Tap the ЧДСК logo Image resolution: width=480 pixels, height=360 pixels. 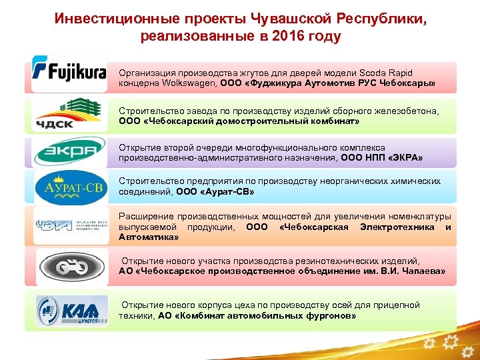69,115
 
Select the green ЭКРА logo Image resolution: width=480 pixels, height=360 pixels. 69,152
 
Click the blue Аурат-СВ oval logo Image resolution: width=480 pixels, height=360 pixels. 69,187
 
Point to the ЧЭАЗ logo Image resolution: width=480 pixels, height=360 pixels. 69,225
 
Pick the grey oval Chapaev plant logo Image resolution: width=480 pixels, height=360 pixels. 69,267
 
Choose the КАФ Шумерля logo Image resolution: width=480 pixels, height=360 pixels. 69,310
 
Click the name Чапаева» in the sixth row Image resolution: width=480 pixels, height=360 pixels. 422,271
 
